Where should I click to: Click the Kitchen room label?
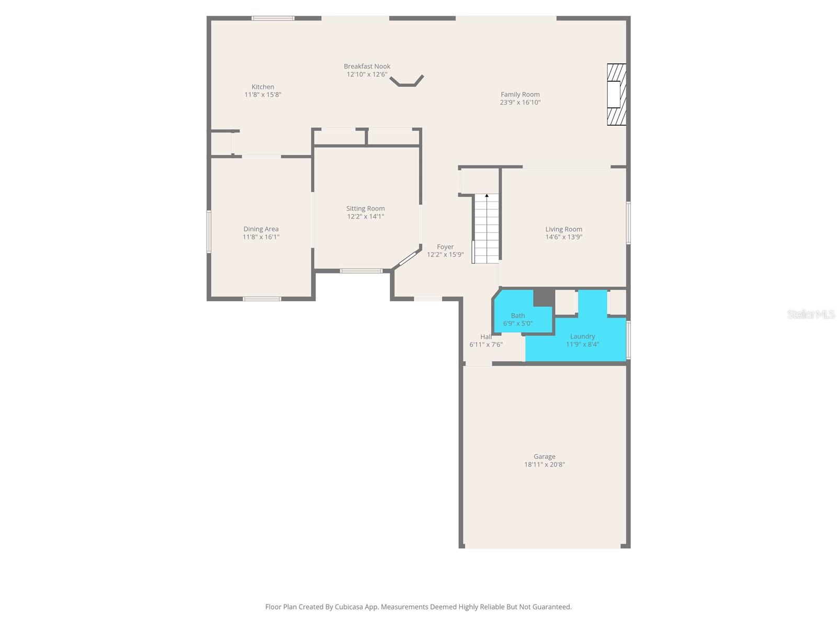pos(263,87)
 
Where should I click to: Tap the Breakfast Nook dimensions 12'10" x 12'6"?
pos(367,74)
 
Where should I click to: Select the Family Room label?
pos(520,95)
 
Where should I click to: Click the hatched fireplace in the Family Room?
pos(616,94)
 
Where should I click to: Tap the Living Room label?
pos(563,229)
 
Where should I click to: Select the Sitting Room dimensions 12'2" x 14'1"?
pos(365,217)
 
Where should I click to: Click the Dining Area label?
pos(261,229)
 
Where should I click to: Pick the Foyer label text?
pos(445,247)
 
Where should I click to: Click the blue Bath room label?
pos(518,316)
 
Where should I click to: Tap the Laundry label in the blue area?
pos(582,337)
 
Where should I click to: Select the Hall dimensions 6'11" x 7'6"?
pos(486,345)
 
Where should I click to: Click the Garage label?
pos(545,456)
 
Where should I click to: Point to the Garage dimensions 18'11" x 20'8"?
pos(545,465)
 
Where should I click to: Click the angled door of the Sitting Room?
pos(407,259)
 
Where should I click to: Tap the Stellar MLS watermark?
pos(811,314)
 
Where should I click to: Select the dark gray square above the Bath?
pos(544,297)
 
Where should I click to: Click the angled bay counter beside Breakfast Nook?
pos(407,82)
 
